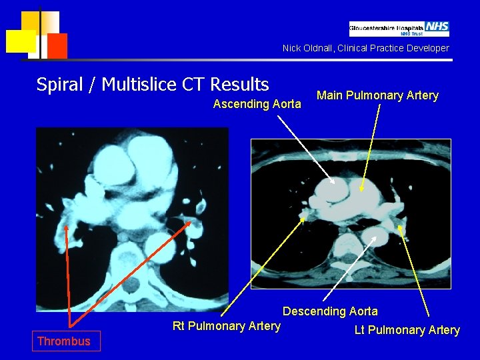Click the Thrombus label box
coord(64,341)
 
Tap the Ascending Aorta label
coord(257,104)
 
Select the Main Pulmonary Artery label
coord(377,95)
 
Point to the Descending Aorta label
coord(330,311)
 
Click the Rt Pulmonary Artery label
coord(227,326)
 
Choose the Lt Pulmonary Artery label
coord(407,330)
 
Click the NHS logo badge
coord(437,27)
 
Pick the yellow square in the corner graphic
coord(20,41)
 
